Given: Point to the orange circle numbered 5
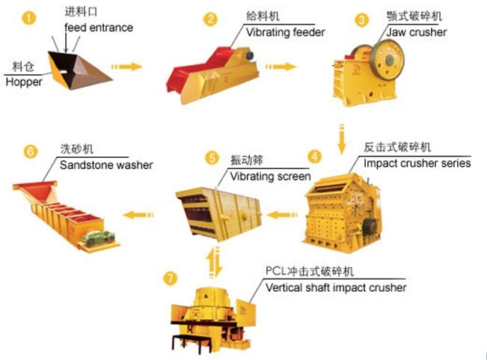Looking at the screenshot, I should pyautogui.click(x=212, y=158).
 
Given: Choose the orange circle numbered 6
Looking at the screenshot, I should pyautogui.click(x=30, y=151).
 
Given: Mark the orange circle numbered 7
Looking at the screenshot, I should pyautogui.click(x=171, y=278).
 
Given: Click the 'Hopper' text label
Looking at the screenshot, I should pyautogui.click(x=23, y=82).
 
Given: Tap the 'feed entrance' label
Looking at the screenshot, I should pyautogui.click(x=99, y=28).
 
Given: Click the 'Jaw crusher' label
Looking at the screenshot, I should pyautogui.click(x=417, y=32).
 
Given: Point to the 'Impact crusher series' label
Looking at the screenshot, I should pyautogui.click(x=417, y=162).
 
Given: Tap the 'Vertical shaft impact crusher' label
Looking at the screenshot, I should pyautogui.click(x=336, y=287).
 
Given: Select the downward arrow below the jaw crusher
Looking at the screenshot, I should pyautogui.click(x=342, y=138).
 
